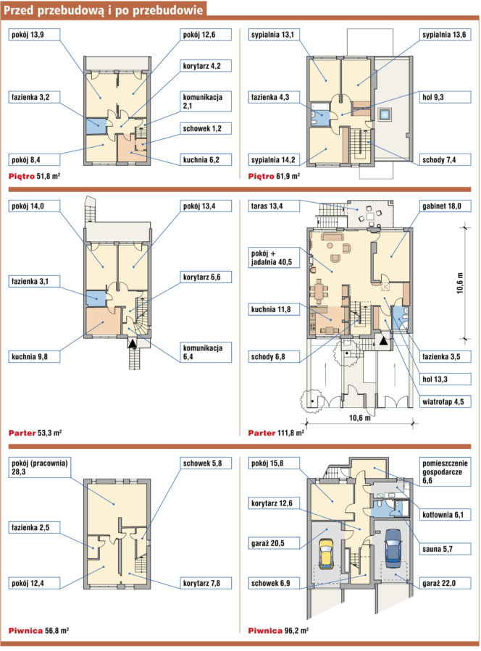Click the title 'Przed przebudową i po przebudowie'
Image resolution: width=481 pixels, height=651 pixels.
click(104, 9)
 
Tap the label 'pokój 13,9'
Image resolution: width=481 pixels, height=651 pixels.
click(34, 35)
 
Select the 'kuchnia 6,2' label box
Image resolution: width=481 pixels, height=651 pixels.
click(206, 160)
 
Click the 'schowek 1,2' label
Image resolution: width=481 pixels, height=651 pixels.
click(206, 129)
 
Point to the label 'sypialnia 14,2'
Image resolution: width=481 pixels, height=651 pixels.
click(274, 160)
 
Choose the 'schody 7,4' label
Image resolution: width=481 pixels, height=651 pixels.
click(445, 160)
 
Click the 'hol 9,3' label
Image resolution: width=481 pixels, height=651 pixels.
click(445, 97)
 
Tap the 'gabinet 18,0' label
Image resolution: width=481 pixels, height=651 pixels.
click(445, 206)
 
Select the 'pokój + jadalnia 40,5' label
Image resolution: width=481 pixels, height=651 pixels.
click(274, 257)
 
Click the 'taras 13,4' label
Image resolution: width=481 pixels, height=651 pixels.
click(274, 206)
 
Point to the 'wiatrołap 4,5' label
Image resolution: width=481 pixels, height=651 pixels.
click(445, 402)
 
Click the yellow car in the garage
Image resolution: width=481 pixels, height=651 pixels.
click(326, 554)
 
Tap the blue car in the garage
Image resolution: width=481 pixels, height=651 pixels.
click(393, 548)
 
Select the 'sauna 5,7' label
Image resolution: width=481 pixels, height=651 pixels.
click(445, 549)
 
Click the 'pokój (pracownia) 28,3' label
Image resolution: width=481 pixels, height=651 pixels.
click(39, 468)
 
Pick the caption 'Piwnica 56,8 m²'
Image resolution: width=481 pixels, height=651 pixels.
click(38, 631)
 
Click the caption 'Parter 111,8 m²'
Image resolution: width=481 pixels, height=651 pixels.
click(276, 433)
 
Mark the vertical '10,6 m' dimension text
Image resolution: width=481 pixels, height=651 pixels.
click(460, 283)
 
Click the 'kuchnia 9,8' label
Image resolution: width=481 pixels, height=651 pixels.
click(34, 357)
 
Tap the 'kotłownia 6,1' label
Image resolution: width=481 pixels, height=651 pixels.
click(445, 515)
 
